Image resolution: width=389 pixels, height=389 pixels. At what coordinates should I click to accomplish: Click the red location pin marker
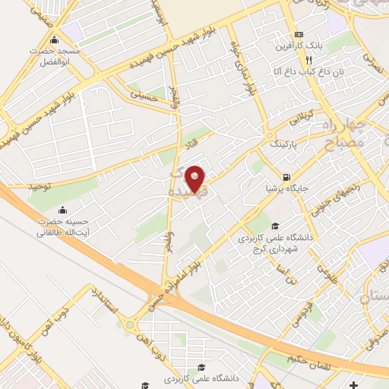[196, 179]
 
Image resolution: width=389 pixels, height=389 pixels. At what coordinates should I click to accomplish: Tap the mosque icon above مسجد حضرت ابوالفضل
[53, 40]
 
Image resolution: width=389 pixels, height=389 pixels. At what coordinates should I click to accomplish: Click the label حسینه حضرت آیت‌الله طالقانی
[61, 228]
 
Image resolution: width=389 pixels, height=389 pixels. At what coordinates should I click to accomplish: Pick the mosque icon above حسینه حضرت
[62, 210]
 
